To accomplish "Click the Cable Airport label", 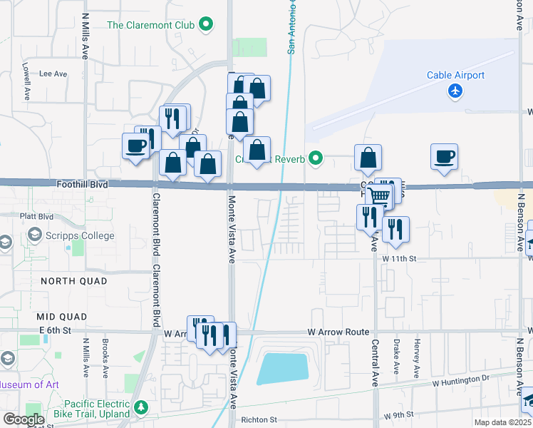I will point(455,76).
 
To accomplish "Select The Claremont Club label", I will point(150,25).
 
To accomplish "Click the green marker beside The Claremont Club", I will point(206,25).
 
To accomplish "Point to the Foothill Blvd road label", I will point(83,184).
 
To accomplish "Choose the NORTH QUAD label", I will point(74,281).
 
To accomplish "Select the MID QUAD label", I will point(63,316).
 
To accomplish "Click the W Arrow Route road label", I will point(338,332).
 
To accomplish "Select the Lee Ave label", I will point(53,73).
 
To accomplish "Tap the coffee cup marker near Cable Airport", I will point(444,156).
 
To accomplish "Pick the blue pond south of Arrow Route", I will point(283,367).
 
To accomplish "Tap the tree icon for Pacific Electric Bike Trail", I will point(141,407).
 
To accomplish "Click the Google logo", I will point(24,419).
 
